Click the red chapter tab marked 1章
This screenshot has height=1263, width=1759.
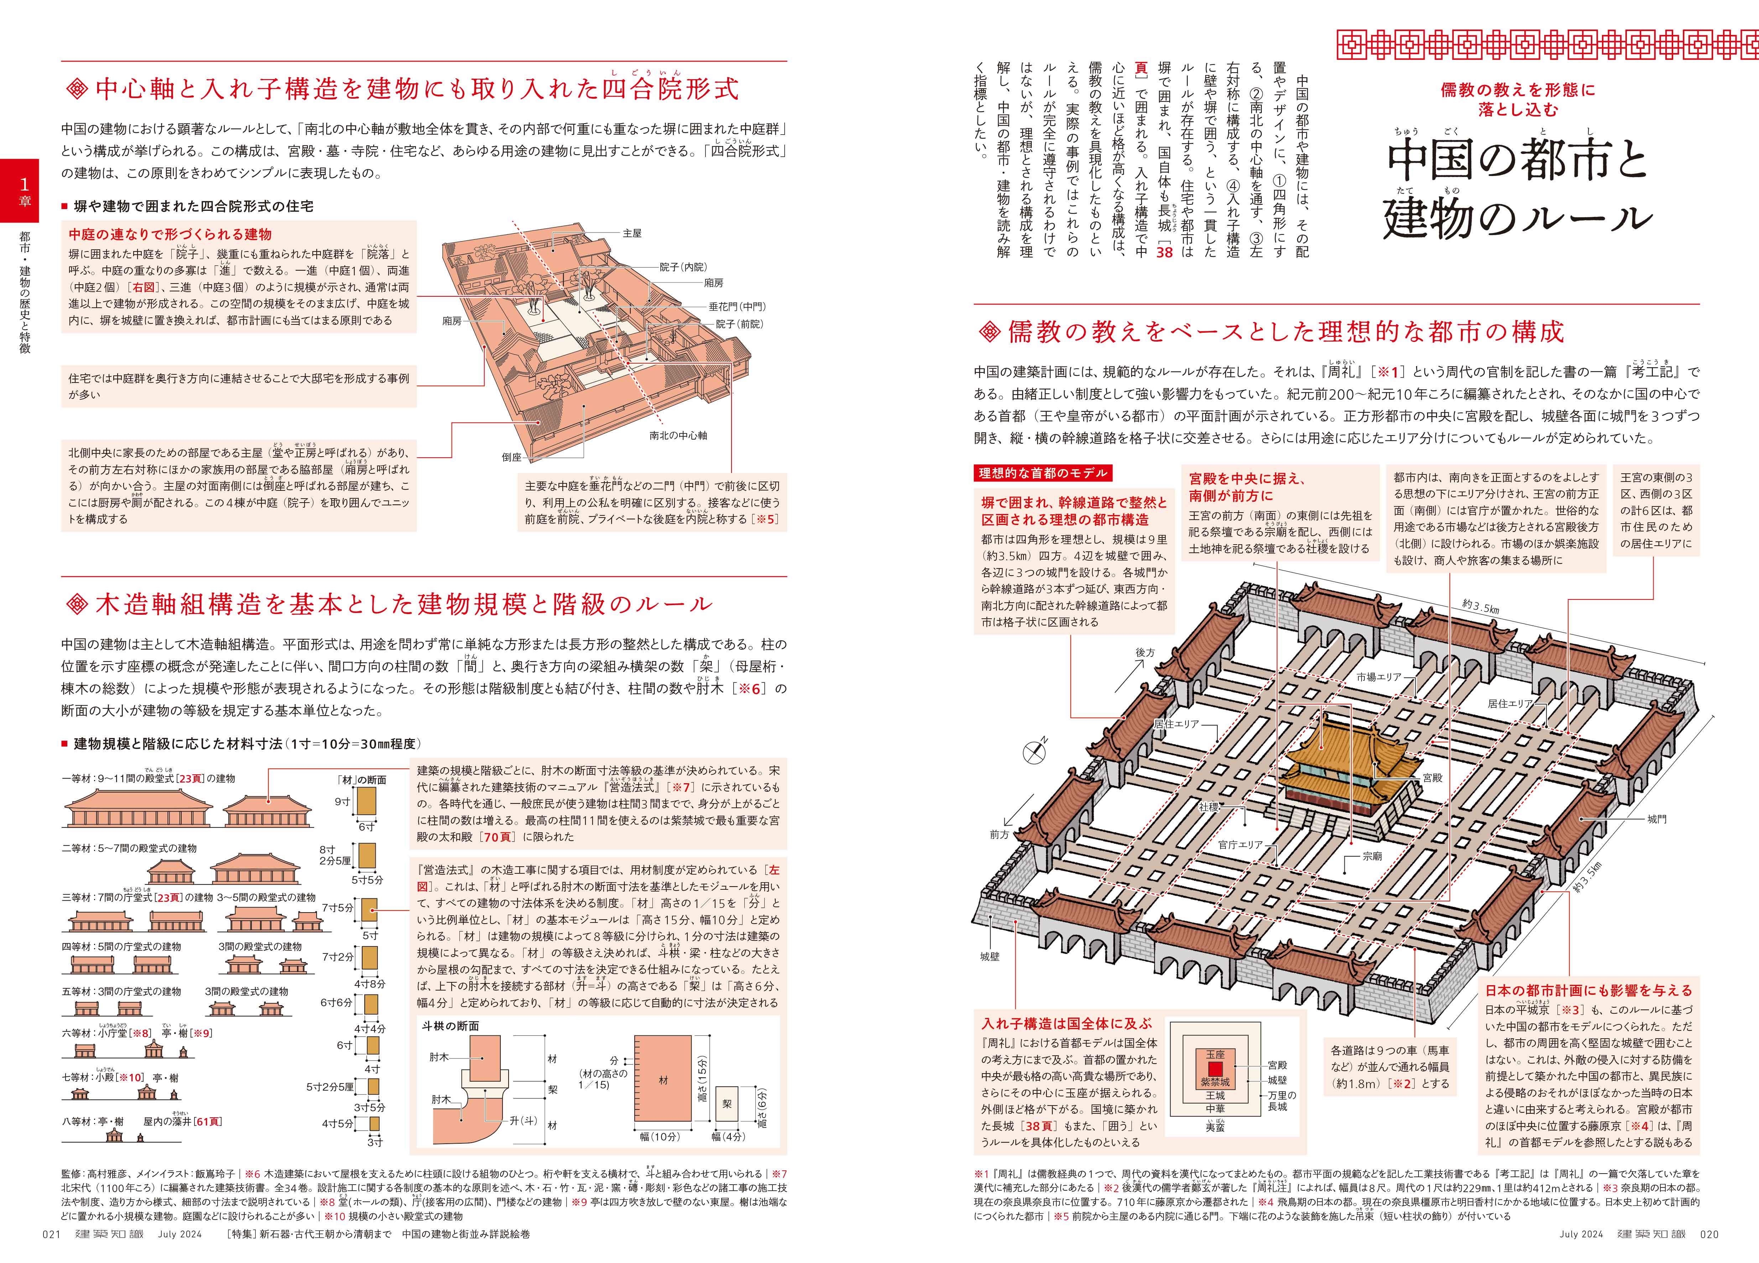[19, 190]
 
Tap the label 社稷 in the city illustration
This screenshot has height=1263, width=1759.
[1208, 807]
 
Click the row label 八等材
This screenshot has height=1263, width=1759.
[78, 1121]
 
